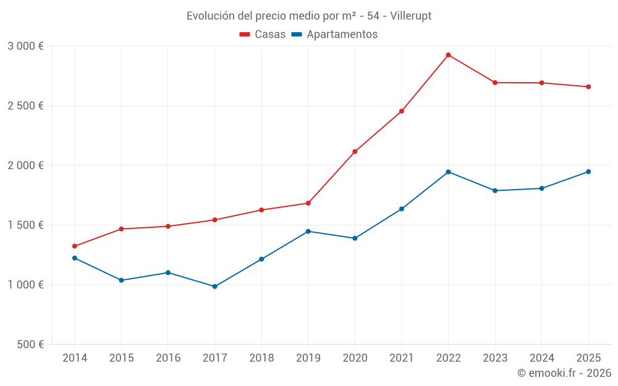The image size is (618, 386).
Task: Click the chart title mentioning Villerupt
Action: click(309, 15)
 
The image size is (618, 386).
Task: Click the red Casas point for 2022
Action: click(448, 55)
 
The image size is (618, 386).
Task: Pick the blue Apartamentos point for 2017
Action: click(214, 287)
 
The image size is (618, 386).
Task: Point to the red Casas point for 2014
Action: click(75, 246)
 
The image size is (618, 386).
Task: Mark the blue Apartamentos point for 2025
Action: click(588, 172)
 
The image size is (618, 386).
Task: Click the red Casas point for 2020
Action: click(355, 151)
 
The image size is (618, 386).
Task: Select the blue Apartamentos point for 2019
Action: click(308, 232)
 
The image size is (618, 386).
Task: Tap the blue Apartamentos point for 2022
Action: click(448, 172)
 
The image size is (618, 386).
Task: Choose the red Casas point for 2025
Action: click(588, 87)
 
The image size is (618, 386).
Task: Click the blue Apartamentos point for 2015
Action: click(121, 280)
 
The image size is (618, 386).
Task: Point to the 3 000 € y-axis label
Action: click(25, 46)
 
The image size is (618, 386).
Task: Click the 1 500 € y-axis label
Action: click(25, 225)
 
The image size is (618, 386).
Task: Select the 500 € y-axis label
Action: click(30, 345)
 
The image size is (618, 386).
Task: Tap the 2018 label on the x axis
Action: click(261, 358)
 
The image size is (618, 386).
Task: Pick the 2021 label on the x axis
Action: click(402, 358)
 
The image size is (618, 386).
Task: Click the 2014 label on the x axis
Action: click(75, 358)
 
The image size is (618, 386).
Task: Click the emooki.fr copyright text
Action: click(564, 373)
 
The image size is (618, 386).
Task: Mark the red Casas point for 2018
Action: click(261, 210)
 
